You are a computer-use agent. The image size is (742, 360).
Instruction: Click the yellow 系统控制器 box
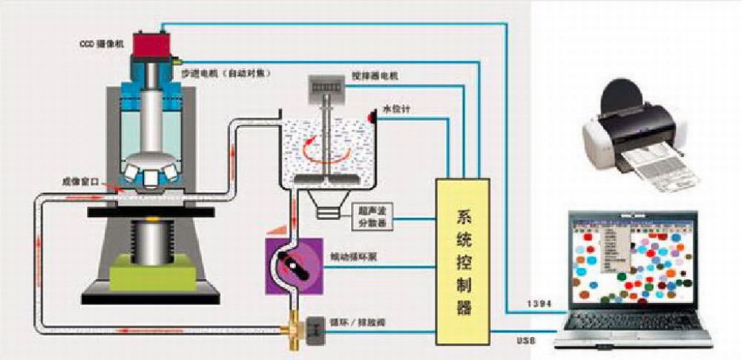click(463, 260)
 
